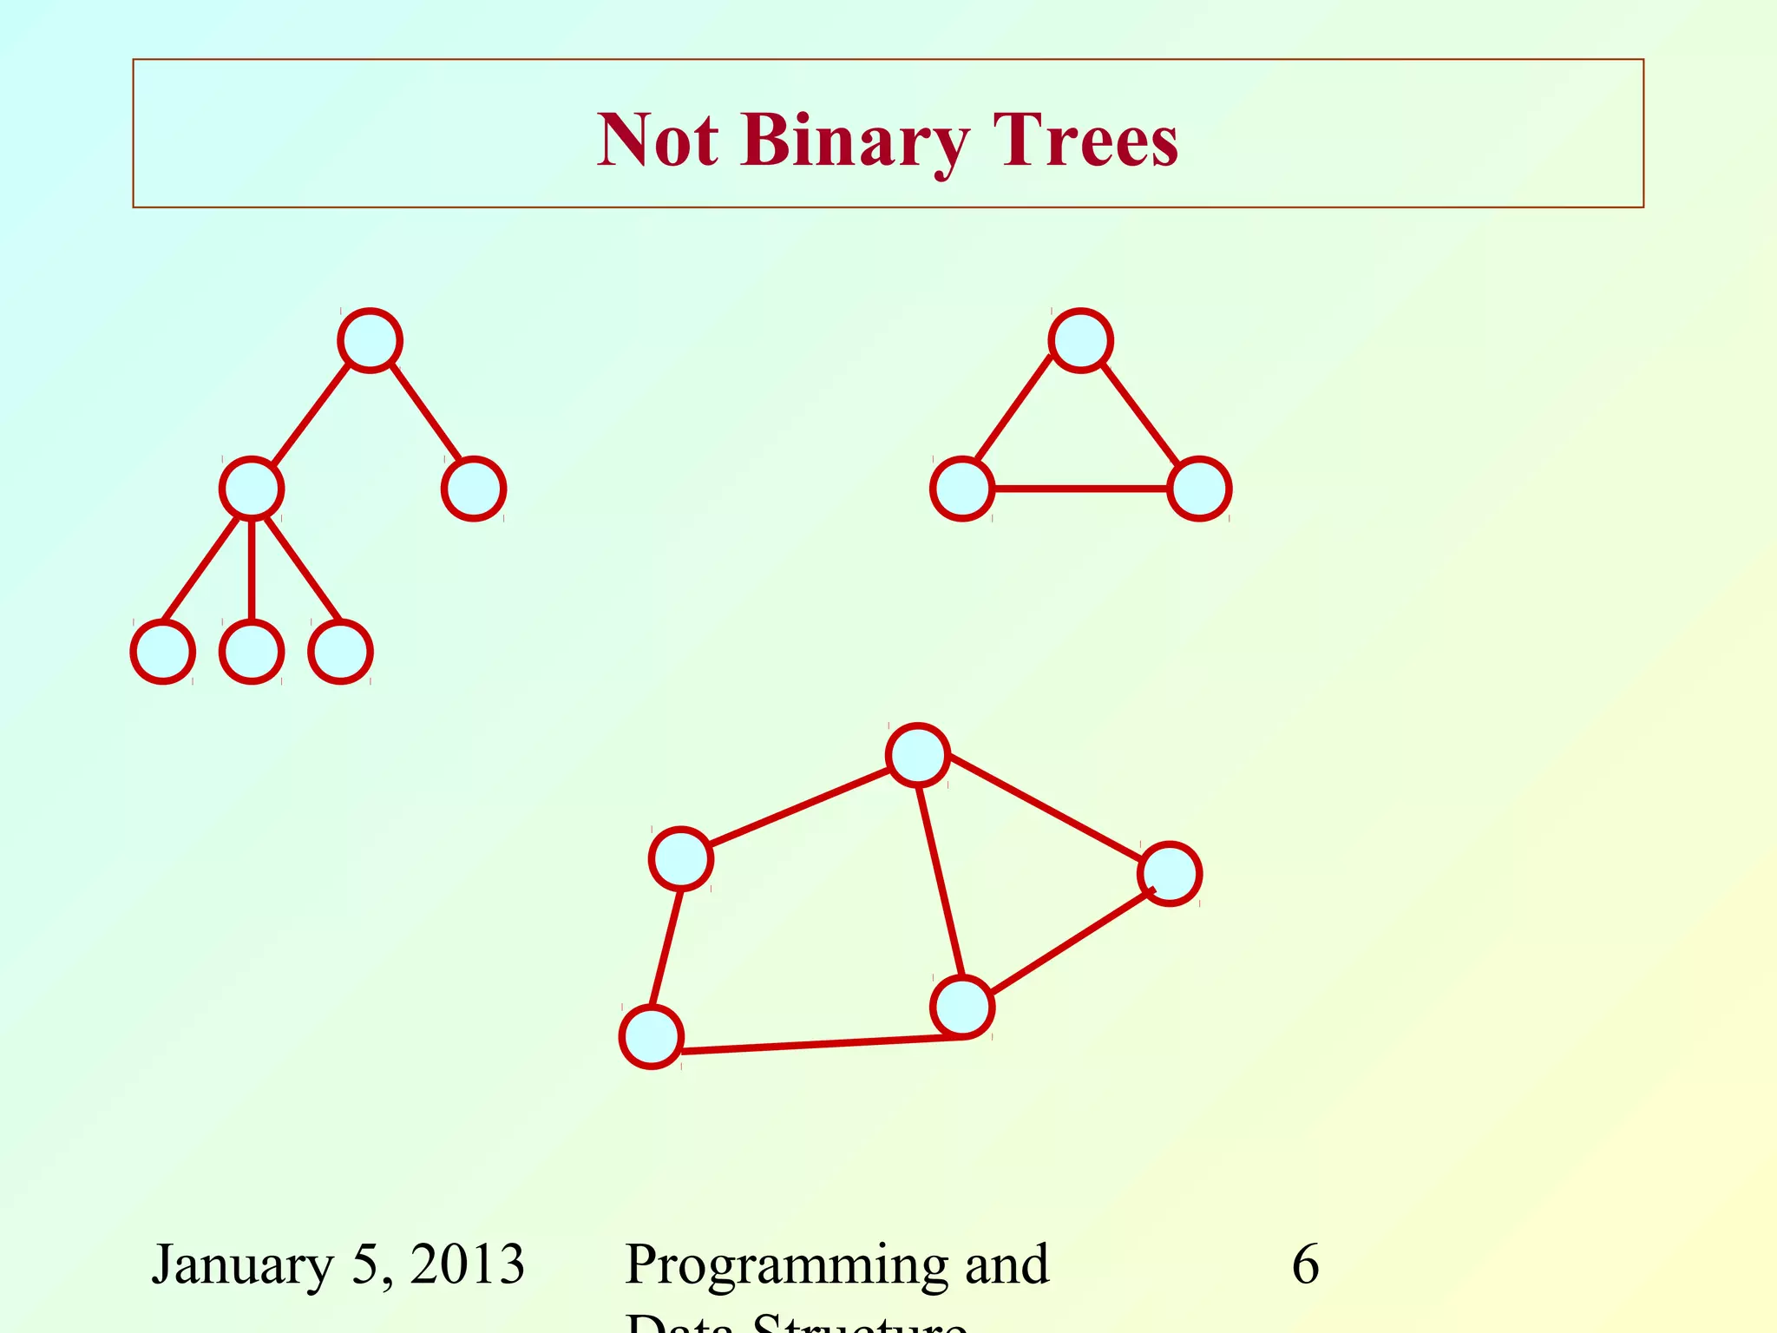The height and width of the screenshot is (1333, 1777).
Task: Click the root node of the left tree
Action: (370, 340)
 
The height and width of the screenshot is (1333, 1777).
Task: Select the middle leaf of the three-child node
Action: (252, 652)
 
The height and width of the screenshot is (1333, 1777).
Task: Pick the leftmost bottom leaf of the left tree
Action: (162, 652)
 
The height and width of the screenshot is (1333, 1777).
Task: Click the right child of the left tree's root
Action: (474, 489)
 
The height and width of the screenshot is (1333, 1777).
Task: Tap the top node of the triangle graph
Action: (1080, 340)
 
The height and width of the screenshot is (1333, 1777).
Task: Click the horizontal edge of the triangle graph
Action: (1080, 489)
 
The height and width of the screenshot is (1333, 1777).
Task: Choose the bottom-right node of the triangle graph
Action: (1199, 489)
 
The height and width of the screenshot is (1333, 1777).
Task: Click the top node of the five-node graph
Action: (918, 755)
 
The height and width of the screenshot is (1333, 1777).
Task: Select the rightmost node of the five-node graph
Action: (1170, 874)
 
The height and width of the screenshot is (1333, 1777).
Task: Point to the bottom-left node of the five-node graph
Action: (652, 1037)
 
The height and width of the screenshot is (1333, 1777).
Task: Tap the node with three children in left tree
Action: (252, 489)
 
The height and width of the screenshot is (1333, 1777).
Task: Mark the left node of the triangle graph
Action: (962, 489)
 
